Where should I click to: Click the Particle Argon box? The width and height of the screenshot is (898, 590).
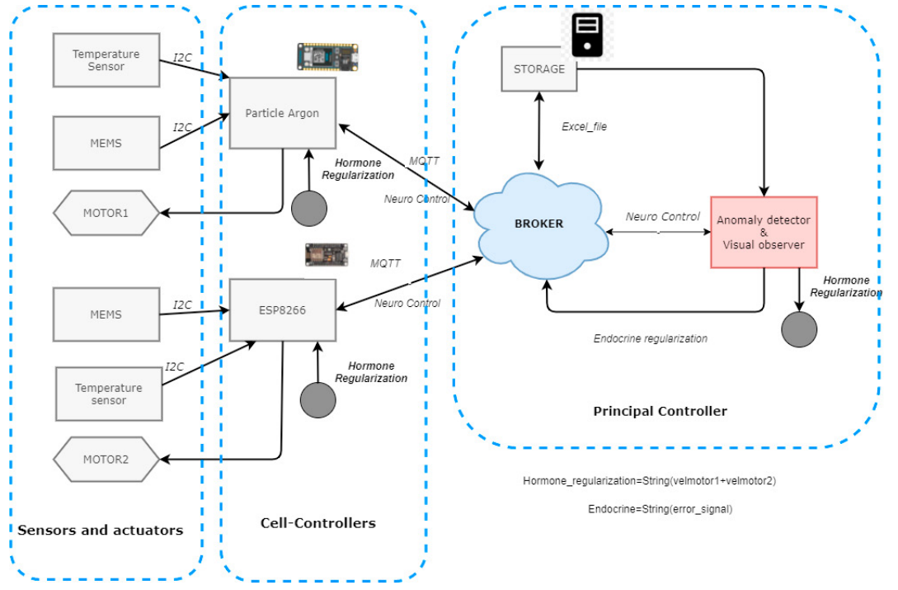(282, 113)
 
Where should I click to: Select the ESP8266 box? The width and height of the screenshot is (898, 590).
(282, 310)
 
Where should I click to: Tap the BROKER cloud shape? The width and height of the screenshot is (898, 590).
(540, 224)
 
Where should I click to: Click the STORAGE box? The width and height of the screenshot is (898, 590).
(539, 69)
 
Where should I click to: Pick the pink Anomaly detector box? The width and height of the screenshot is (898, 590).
(764, 232)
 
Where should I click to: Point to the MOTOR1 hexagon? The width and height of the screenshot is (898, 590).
(106, 213)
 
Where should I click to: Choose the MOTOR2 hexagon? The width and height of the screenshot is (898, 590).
(106, 459)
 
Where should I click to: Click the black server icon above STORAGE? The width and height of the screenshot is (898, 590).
(587, 35)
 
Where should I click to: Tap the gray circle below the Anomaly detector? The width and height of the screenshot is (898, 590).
(799, 329)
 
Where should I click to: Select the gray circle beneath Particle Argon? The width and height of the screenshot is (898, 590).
(308, 208)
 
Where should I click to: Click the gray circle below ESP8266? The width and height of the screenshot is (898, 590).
(318, 399)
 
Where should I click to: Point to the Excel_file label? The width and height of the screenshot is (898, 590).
(585, 127)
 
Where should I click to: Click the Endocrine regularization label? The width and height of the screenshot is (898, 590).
(651, 338)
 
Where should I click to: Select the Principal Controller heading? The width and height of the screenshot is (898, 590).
(660, 411)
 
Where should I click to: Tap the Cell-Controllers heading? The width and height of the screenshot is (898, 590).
(317, 523)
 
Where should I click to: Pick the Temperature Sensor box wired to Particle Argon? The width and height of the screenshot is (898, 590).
(106, 60)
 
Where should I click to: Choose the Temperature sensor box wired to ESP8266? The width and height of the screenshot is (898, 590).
(108, 394)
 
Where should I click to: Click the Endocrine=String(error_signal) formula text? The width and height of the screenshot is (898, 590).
(660, 509)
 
